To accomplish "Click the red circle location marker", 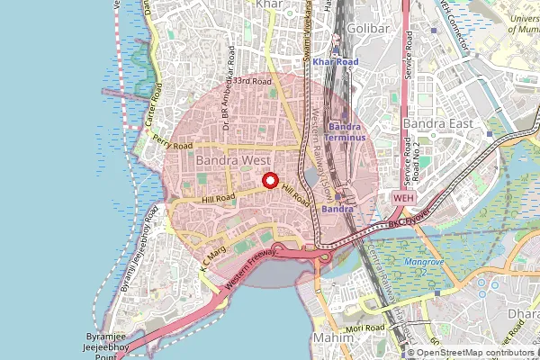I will click(x=270, y=181).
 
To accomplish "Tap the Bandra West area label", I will click(x=231, y=160).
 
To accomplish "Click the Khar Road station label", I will click(x=336, y=61).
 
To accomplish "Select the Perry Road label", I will click(x=173, y=141).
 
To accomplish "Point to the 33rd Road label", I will click(x=252, y=82).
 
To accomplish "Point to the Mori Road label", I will click(x=369, y=328).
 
